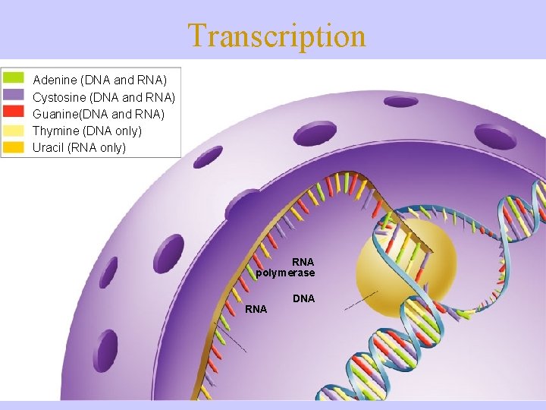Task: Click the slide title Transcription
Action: [276, 35]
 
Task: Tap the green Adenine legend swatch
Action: [14, 79]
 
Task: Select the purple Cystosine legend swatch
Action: [14, 96]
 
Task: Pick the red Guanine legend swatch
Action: [14, 113]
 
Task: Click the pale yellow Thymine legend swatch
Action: [14, 130]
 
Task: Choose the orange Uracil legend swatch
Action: [14, 147]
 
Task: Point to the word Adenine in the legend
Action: [54, 80]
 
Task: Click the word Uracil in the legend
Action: [48, 147]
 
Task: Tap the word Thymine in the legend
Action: [55, 131]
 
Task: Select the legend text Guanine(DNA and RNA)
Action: [99, 114]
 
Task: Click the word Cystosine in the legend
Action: [59, 97]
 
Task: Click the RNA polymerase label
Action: [287, 266]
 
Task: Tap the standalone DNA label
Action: [303, 298]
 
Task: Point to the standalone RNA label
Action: [256, 309]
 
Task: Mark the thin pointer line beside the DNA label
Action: [361, 301]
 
